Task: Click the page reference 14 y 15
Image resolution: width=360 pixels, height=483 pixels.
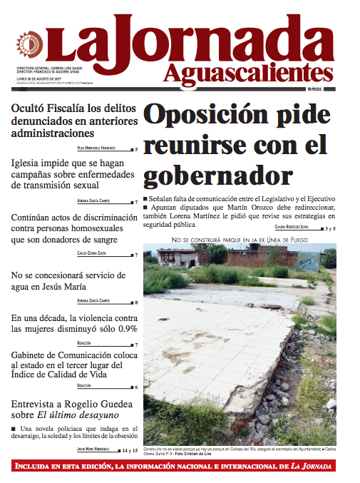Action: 129,451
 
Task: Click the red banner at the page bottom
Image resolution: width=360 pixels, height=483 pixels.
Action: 180,467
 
